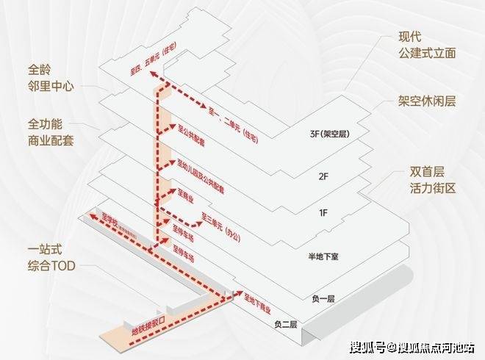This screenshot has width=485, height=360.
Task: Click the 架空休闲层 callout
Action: [428, 101]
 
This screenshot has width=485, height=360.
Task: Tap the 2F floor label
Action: [321, 177]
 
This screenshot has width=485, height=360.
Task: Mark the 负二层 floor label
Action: [284, 324]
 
